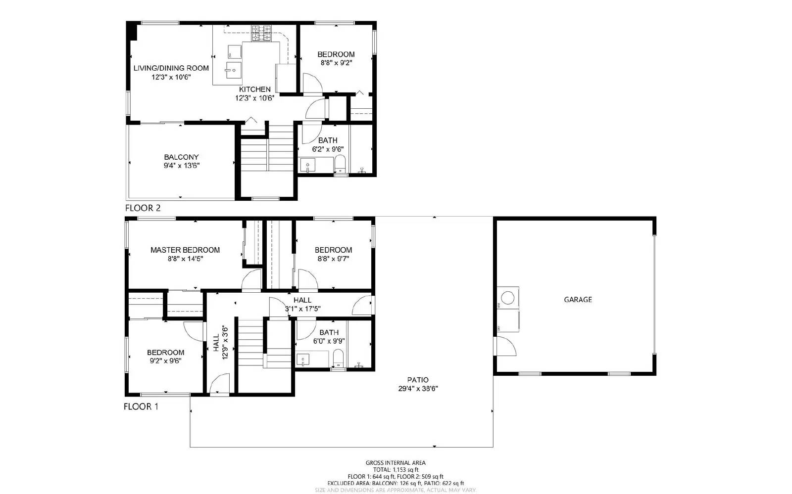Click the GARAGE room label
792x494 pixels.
[578, 300]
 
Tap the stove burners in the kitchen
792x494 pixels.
[261, 34]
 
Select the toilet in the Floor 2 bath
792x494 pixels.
[340, 164]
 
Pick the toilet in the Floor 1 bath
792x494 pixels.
[339, 358]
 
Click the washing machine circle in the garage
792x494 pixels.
[507, 298]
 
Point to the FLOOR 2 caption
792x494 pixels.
[143, 208]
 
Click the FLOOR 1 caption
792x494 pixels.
[141, 407]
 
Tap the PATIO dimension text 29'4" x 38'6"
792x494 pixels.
[418, 389]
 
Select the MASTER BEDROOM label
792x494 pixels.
[185, 250]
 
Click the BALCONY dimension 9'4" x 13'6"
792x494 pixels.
[182, 166]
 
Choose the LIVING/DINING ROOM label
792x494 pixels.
[171, 68]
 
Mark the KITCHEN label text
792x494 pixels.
[255, 90]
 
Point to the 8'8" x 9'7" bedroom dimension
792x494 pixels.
[333, 258]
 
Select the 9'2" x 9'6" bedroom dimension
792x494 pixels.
[165, 360]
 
